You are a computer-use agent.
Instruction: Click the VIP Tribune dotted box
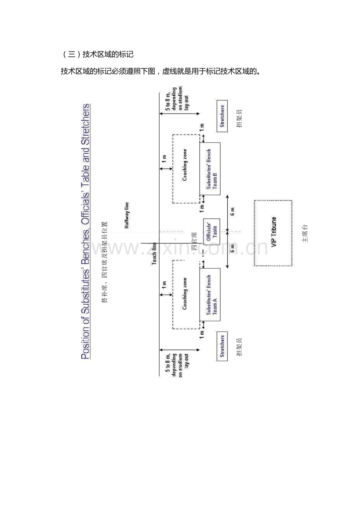[273, 233]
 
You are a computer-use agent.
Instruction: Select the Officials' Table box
[211, 232]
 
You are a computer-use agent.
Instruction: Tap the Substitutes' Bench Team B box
[210, 168]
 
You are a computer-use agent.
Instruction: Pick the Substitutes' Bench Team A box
[210, 294]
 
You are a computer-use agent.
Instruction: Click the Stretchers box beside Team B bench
[222, 115]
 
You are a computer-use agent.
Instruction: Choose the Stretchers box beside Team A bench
[222, 346]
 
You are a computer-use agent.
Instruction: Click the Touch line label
[154, 254]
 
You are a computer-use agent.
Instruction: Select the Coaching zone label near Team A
[185, 294]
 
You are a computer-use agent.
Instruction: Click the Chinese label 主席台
[306, 233]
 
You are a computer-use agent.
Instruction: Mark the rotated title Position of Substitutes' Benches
[85, 231]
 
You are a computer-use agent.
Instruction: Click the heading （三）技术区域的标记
[98, 55]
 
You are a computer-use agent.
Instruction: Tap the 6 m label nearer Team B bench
[233, 212]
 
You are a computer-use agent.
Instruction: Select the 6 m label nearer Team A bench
[233, 248]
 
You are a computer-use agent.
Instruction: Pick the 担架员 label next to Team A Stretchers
[239, 347]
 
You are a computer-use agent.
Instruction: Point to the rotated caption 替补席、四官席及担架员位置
[104, 262]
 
